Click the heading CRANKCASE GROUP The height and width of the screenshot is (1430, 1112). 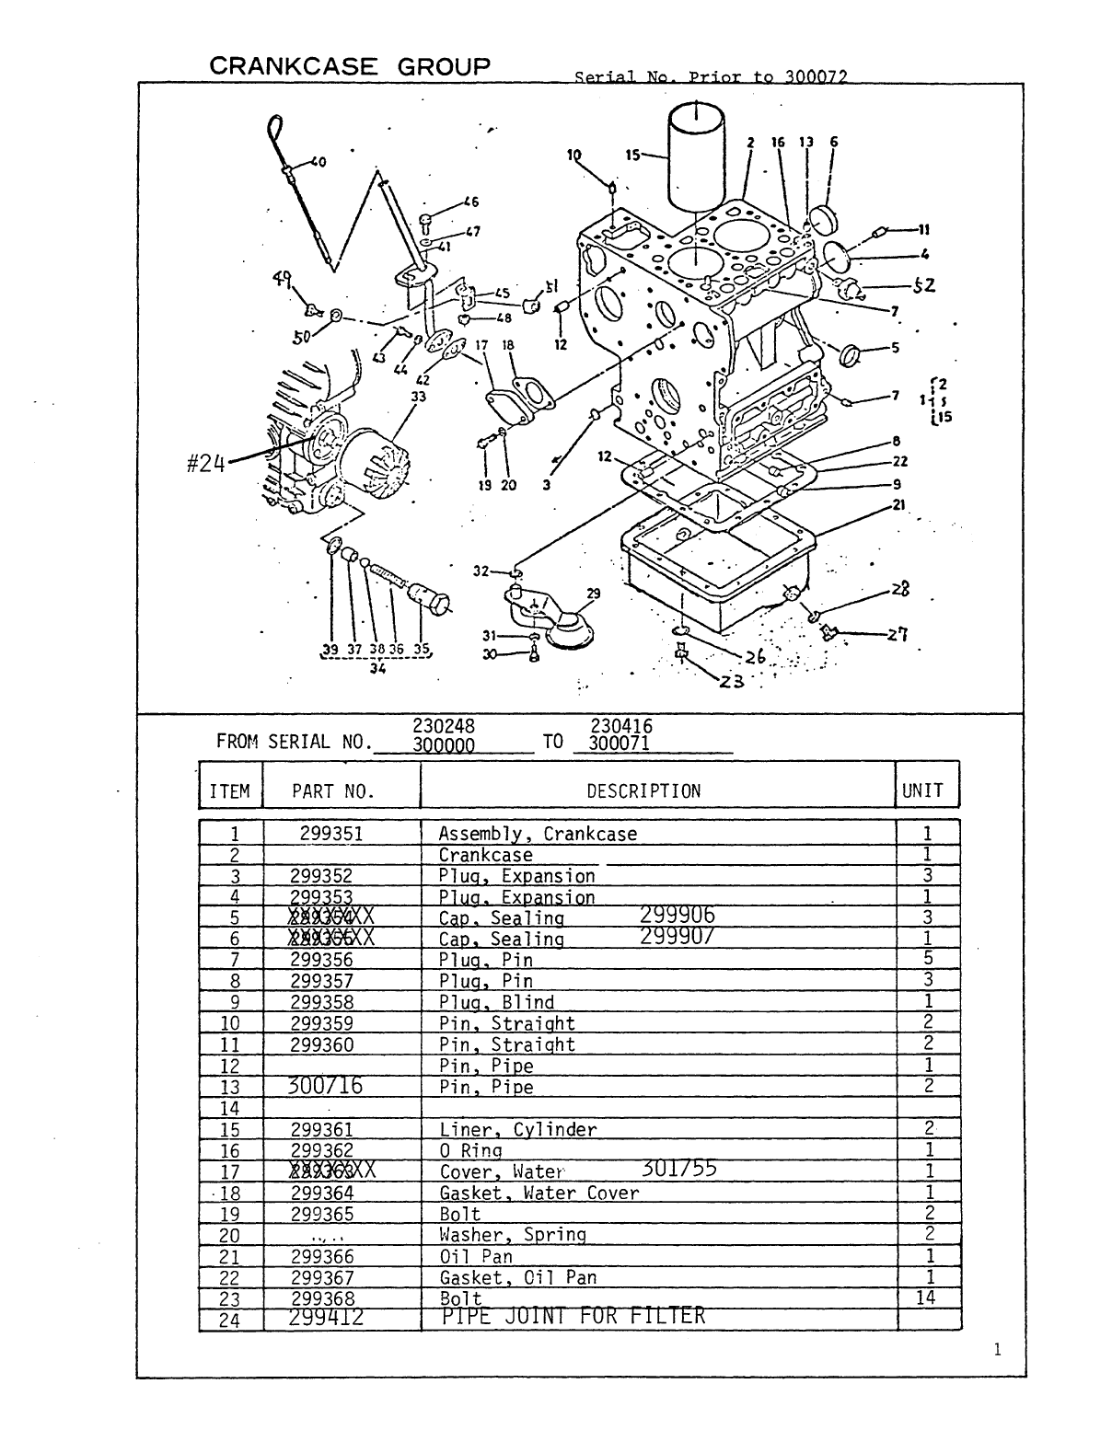click(x=350, y=66)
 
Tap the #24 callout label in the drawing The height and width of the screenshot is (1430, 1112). click(x=205, y=464)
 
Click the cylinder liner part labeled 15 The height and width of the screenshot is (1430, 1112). click(x=698, y=156)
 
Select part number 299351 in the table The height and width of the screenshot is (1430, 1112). click(x=330, y=834)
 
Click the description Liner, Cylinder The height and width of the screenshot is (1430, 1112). click(x=517, y=1129)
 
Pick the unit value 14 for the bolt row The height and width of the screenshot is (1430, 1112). click(x=926, y=1297)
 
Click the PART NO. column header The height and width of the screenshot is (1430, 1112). click(x=333, y=791)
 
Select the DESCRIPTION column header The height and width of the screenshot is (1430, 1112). click(x=643, y=791)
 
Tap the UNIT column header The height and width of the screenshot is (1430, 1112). click(x=922, y=791)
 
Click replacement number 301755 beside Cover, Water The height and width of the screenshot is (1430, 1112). click(x=679, y=1169)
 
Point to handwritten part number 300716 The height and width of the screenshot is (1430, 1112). click(x=326, y=1086)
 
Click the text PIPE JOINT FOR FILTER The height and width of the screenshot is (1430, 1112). click(x=573, y=1317)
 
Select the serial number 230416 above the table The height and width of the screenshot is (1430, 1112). click(x=620, y=727)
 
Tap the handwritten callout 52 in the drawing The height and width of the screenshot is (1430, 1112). click(x=923, y=285)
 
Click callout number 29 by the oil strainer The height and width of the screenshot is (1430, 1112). click(x=593, y=594)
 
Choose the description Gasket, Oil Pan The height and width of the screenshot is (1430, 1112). click(x=517, y=1277)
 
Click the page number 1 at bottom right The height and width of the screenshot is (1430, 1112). click(x=997, y=1350)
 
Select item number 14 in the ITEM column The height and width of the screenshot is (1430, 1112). click(x=230, y=1109)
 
